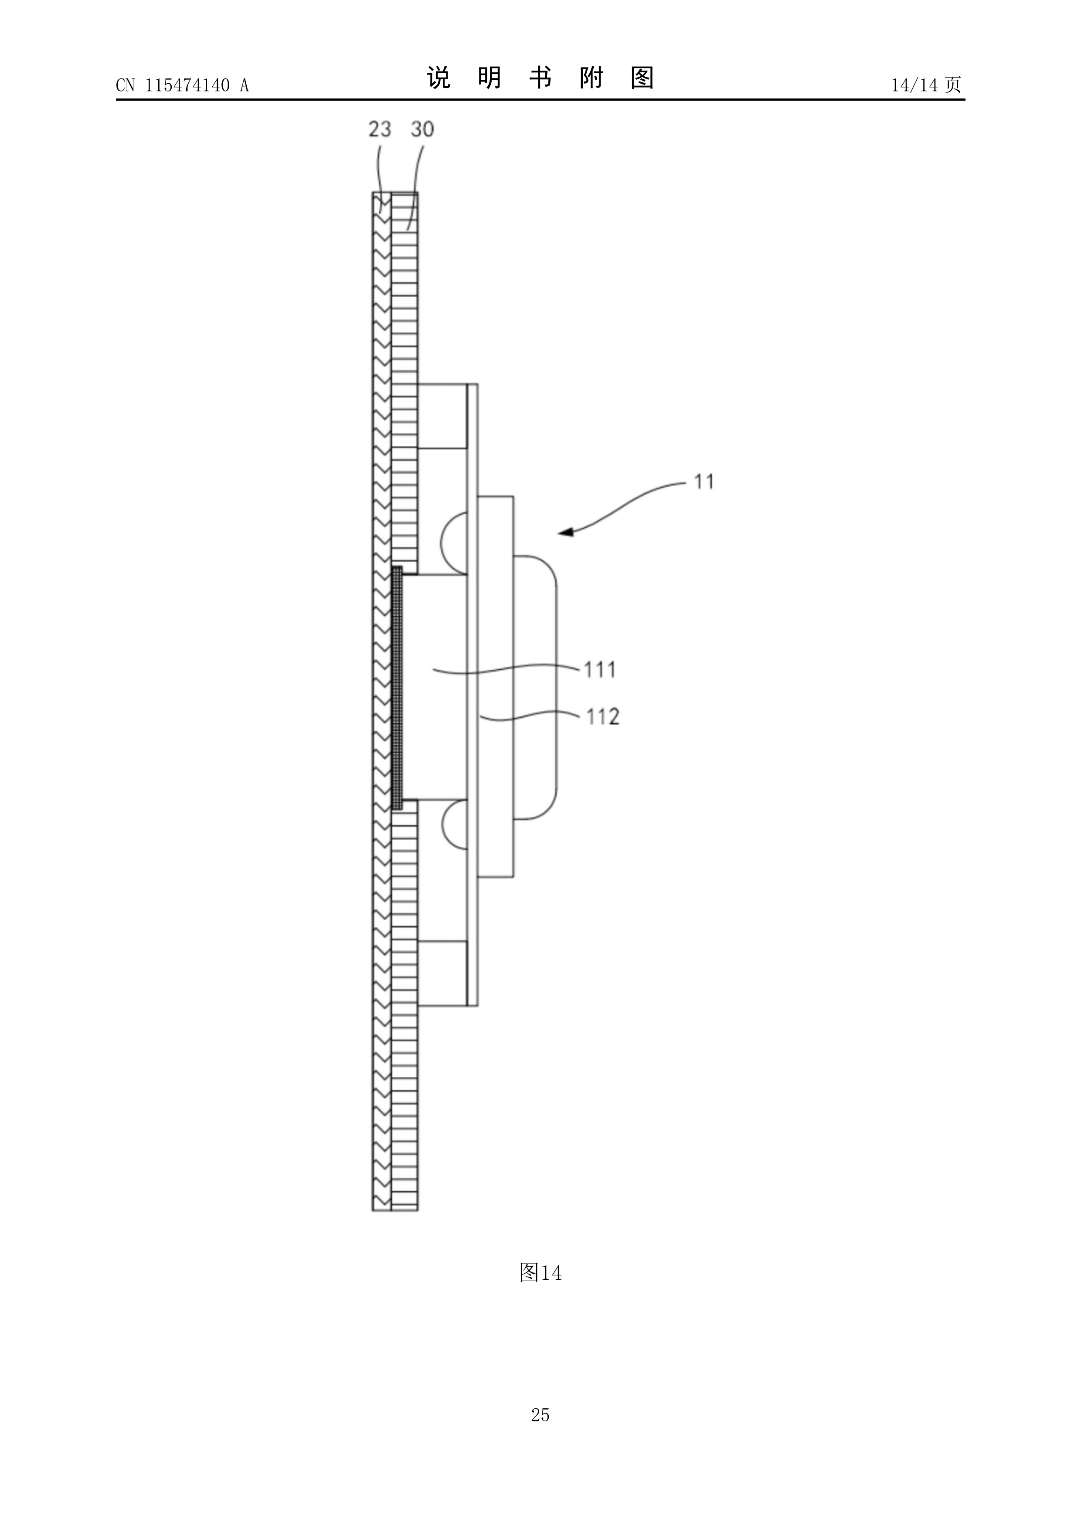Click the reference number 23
[380, 129]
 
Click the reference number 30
[422, 129]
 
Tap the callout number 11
[704, 481]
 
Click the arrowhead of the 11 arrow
[565, 532]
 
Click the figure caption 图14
[540, 1273]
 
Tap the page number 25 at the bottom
[540, 1433]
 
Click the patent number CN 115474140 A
[182, 85]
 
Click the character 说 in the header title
[439, 78]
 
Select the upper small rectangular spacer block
[442, 416]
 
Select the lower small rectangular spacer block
[442, 973]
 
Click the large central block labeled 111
[435, 687]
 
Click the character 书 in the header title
[540, 78]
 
